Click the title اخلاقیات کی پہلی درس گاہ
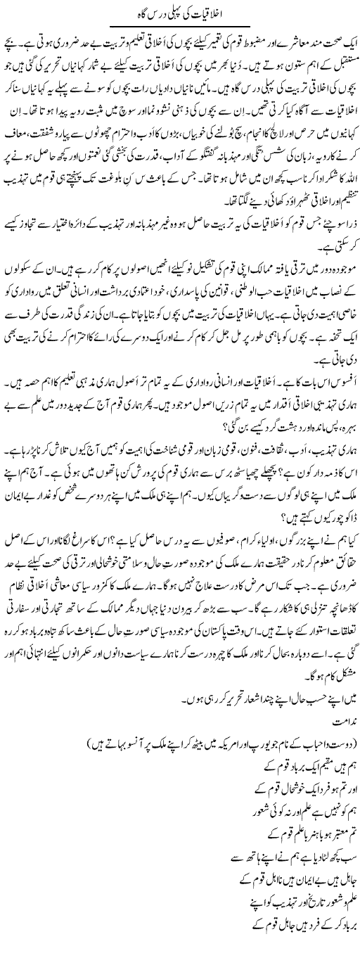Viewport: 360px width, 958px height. tap(181, 12)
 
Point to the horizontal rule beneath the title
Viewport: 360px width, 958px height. tap(181, 25)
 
